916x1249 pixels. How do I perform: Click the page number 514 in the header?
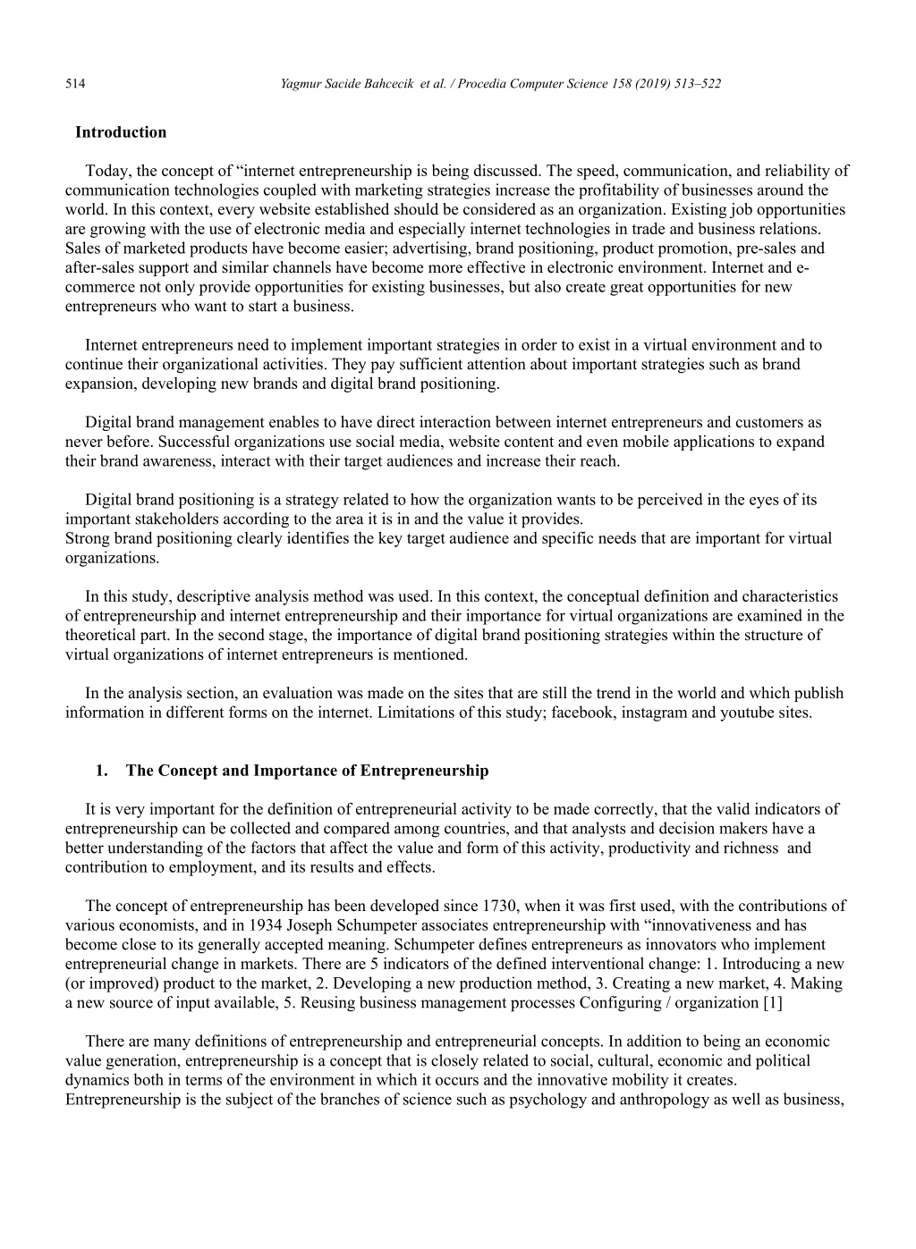(75, 84)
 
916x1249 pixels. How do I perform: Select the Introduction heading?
(121, 132)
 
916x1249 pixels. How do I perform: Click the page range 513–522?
(696, 84)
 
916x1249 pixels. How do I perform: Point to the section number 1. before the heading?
(102, 771)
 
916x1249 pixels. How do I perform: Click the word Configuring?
(621, 1002)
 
